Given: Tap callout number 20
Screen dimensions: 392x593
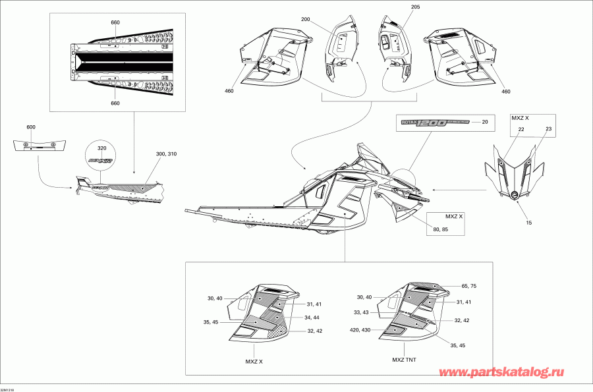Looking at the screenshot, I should (x=485, y=122).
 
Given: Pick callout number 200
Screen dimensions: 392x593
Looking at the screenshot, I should (x=306, y=20).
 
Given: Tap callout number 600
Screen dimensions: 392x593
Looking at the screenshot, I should (x=31, y=126).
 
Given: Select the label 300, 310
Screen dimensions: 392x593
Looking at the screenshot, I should (x=167, y=154).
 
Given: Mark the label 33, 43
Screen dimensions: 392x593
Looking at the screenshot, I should (x=361, y=312).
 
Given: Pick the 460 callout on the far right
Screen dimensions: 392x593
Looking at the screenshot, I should (x=505, y=92).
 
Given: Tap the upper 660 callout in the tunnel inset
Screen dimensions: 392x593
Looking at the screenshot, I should (x=115, y=22).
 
